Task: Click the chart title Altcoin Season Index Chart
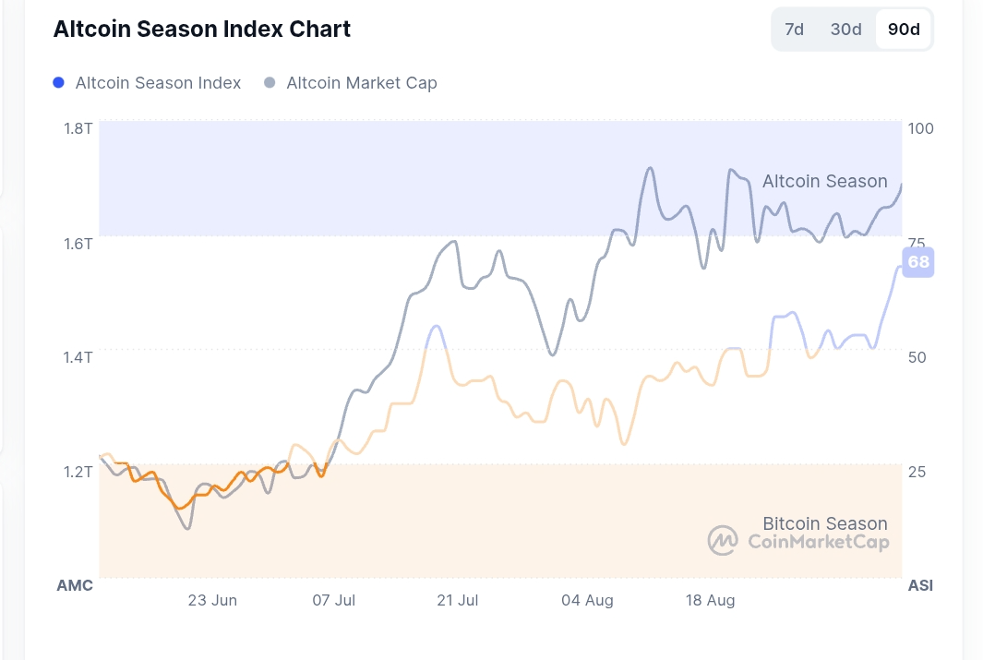[202, 29]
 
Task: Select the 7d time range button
[794, 30]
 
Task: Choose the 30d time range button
[845, 30]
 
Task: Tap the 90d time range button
[904, 30]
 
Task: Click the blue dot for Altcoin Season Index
[59, 83]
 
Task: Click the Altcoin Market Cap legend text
[361, 83]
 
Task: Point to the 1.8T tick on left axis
[78, 128]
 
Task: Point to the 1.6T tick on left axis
[78, 243]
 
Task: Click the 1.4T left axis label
[78, 357]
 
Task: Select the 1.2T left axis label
[78, 472]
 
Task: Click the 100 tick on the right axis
[921, 128]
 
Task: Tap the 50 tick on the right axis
[917, 357]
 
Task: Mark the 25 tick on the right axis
[917, 472]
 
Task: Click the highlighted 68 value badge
[918, 263]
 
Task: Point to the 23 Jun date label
[212, 600]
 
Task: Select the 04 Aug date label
[587, 600]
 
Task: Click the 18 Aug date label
[710, 600]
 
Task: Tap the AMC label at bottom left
[75, 585]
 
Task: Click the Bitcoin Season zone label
[824, 523]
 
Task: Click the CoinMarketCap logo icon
[723, 541]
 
